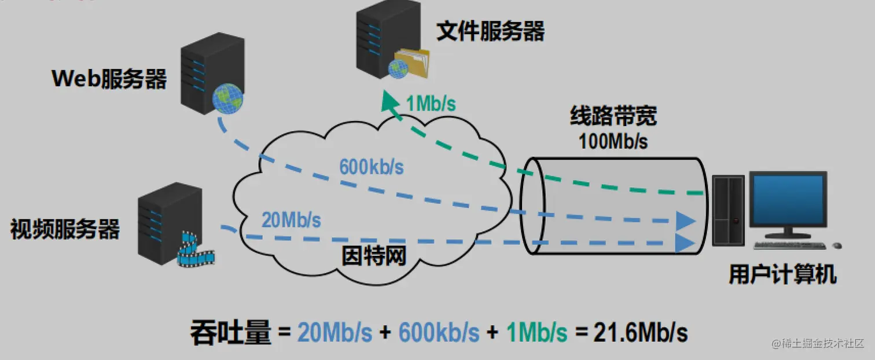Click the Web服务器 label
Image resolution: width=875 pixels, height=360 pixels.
[109, 79]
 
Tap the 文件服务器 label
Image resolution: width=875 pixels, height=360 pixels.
[490, 31]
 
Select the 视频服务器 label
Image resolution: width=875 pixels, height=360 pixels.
[65, 230]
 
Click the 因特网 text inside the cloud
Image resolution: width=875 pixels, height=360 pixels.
[374, 255]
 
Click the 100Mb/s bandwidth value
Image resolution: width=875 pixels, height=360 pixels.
[613, 142]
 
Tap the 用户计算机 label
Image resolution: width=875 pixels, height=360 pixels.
[782, 275]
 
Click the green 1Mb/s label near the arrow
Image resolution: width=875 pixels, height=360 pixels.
[431, 104]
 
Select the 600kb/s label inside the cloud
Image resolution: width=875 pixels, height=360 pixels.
[371, 168]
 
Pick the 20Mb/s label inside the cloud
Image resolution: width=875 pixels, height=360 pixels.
[291, 221]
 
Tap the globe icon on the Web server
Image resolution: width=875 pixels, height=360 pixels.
[228, 98]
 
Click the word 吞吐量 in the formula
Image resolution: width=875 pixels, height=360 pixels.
[230, 333]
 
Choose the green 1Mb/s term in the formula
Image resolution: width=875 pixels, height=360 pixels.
[536, 333]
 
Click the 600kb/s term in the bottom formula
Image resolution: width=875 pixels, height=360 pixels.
[439, 333]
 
